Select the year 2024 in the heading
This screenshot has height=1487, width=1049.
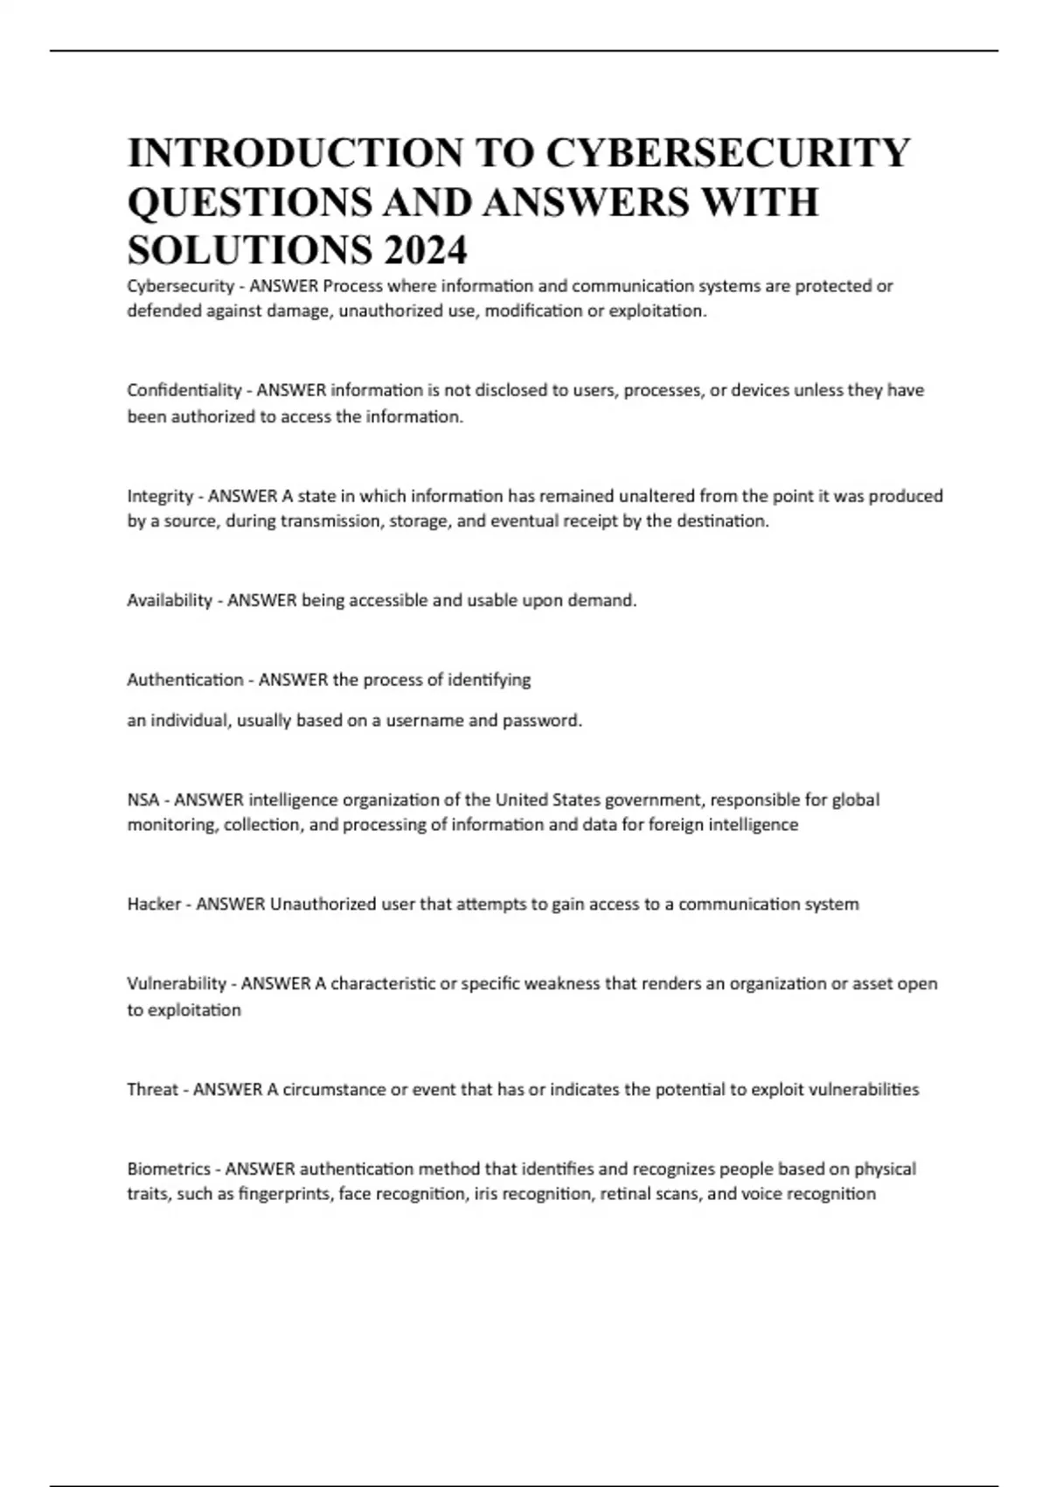click(x=425, y=251)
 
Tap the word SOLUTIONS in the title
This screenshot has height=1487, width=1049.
click(x=248, y=251)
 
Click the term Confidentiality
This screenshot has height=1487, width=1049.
click(x=184, y=390)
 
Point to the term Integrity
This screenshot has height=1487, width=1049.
click(x=160, y=496)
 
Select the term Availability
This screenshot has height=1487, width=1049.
click(x=170, y=601)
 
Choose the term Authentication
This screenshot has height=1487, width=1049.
click(x=185, y=680)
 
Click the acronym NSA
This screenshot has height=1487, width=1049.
click(x=143, y=799)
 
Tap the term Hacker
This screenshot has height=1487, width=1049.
click(x=154, y=904)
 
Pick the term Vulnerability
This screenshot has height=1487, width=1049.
click(x=177, y=983)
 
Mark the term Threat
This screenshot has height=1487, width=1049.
click(x=152, y=1090)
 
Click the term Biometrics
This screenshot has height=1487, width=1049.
click(x=169, y=1169)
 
